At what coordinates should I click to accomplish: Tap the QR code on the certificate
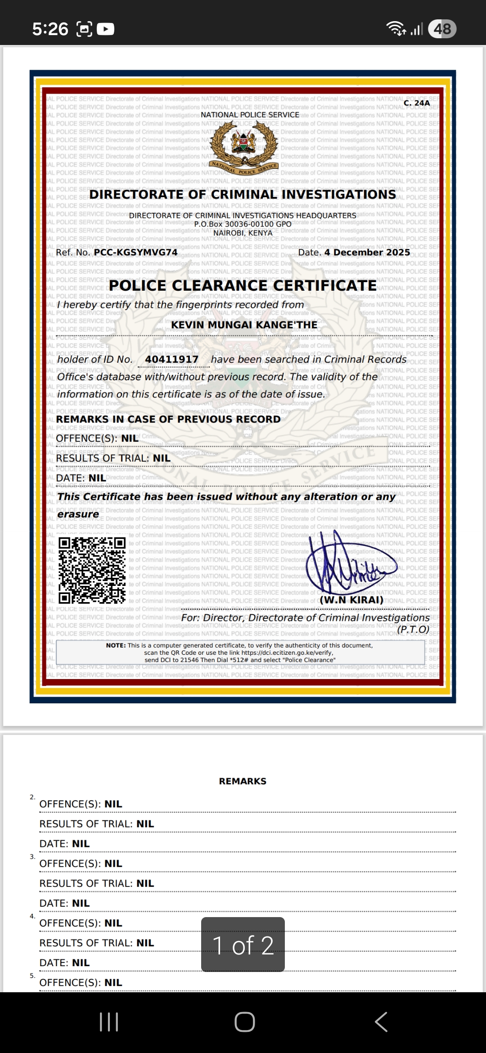pyautogui.click(x=92, y=570)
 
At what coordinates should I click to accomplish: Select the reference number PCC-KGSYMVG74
pyautogui.click(x=135, y=252)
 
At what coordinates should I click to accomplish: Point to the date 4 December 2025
pyautogui.click(x=367, y=252)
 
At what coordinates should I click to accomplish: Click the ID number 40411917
pyautogui.click(x=171, y=360)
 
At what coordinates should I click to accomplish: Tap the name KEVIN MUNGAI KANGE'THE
pyautogui.click(x=244, y=325)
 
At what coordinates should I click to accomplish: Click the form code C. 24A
pyautogui.click(x=417, y=103)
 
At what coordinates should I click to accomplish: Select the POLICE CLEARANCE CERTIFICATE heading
pyautogui.click(x=243, y=286)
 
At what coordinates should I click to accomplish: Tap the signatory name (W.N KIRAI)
pyautogui.click(x=351, y=600)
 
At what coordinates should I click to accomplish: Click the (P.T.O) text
pyautogui.click(x=413, y=630)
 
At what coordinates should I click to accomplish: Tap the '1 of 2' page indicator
pyautogui.click(x=243, y=945)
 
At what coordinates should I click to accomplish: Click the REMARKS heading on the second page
pyautogui.click(x=243, y=781)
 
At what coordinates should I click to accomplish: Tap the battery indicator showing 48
pyautogui.click(x=442, y=29)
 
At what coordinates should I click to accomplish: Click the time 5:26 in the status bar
pyautogui.click(x=50, y=29)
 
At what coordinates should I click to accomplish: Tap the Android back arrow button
pyautogui.click(x=381, y=1022)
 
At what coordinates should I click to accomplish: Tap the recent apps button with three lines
pyautogui.click(x=109, y=1022)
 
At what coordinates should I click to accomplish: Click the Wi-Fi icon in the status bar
pyautogui.click(x=396, y=29)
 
